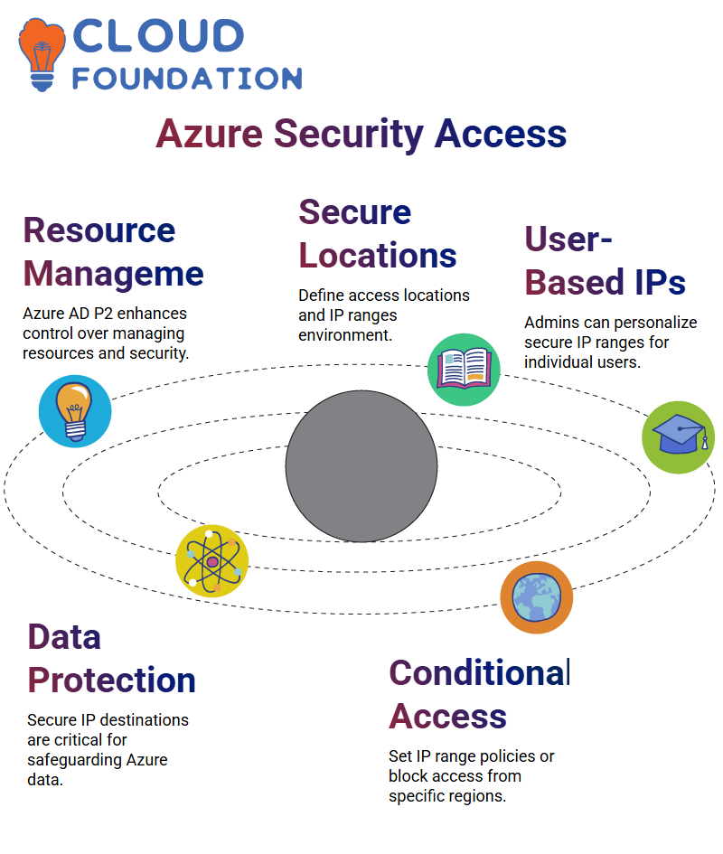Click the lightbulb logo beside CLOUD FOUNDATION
[x=42, y=54]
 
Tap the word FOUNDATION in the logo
[x=187, y=79]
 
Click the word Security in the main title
[x=349, y=134]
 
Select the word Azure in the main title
[x=209, y=134]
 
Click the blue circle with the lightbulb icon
[x=75, y=411]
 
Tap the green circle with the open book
[x=464, y=370]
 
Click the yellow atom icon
[x=212, y=561]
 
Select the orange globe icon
[x=537, y=597]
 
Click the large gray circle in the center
[x=361, y=466]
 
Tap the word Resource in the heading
[x=99, y=230]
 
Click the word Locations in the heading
[x=378, y=256]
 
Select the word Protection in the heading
[x=112, y=680]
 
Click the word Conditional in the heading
[x=480, y=673]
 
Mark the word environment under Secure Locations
[x=345, y=335]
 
